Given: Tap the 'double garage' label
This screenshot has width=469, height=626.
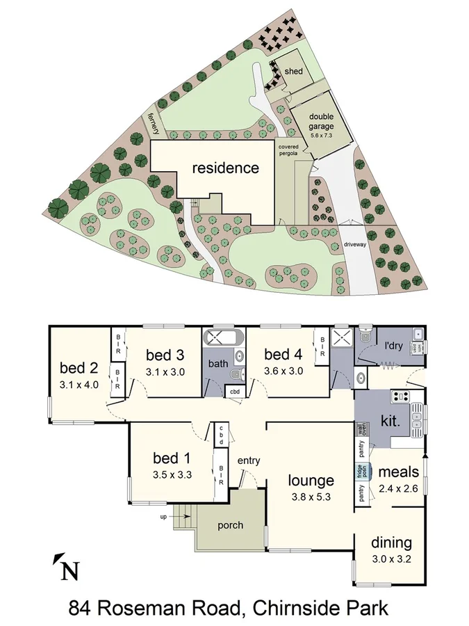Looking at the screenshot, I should click(x=321, y=122).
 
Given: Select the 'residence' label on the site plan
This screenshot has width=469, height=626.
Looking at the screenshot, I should click(x=225, y=168).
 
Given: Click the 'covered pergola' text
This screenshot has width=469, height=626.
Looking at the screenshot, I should click(x=288, y=151).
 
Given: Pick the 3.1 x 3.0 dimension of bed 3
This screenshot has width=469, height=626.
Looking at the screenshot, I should click(x=165, y=371).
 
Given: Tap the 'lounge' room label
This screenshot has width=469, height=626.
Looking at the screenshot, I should click(x=311, y=480).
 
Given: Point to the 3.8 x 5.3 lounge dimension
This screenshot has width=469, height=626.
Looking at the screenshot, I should click(x=311, y=498).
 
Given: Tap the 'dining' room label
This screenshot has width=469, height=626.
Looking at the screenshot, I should click(x=391, y=543).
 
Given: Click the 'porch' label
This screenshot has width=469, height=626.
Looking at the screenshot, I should click(x=230, y=524).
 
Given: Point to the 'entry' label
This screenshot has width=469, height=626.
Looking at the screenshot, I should click(x=248, y=460).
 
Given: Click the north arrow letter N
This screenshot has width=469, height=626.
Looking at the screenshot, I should click(x=69, y=571).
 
